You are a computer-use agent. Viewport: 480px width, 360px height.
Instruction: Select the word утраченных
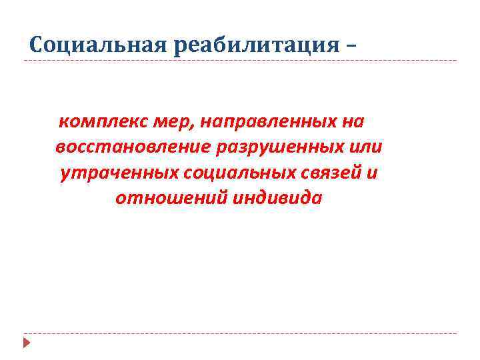tap(118, 173)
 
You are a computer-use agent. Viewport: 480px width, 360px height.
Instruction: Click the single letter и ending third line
tap(373, 173)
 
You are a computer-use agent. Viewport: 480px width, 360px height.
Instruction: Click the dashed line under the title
tap(240, 61)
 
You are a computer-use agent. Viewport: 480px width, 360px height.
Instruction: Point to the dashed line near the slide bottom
tap(240, 333)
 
